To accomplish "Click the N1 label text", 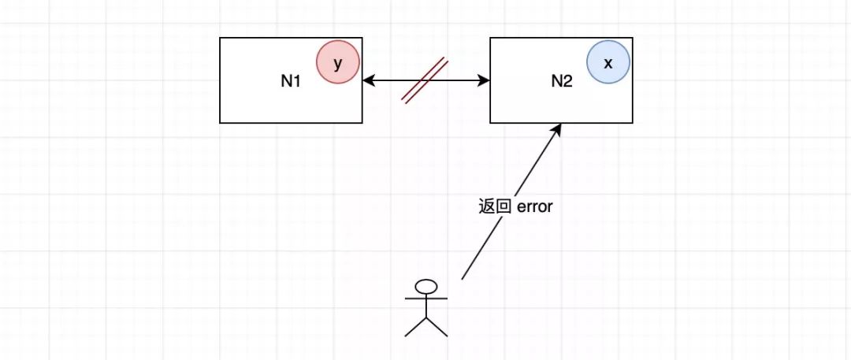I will click(x=291, y=81).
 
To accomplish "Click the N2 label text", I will click(x=560, y=81).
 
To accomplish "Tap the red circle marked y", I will click(x=338, y=64).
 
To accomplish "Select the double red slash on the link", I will click(x=425, y=80).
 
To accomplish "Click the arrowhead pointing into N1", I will click(x=368, y=80).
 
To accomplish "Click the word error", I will click(x=537, y=207).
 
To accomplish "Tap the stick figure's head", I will click(x=426, y=287).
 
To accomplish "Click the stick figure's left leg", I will click(x=415, y=327).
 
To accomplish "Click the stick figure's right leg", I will click(x=437, y=327).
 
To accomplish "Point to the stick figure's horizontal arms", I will click(x=426, y=299).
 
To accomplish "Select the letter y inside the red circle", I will click(x=338, y=65).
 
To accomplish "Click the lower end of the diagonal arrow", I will click(x=463, y=277).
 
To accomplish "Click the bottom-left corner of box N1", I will click(x=221, y=122).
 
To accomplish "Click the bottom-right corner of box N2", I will click(x=633, y=122).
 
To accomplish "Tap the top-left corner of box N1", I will click(x=221, y=38).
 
